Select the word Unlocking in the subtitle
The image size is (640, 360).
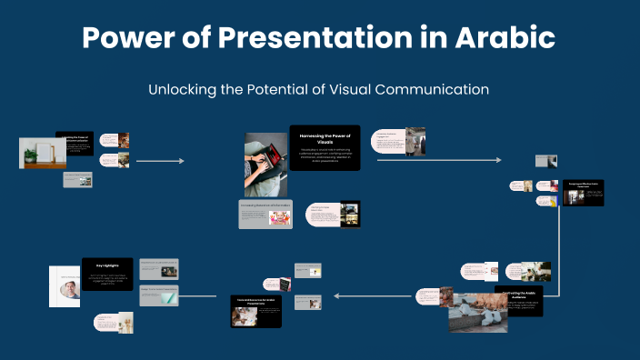pyautogui.click(x=185, y=90)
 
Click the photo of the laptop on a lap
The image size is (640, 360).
pyautogui.click(x=265, y=165)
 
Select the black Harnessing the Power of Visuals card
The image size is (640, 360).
pyautogui.click(x=325, y=147)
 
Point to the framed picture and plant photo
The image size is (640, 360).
pyautogui.click(x=42, y=153)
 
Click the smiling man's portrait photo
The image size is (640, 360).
pyautogui.click(x=65, y=286)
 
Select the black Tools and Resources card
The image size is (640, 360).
pyautogui.click(x=255, y=310)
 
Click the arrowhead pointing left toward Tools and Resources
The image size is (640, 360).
pyautogui.click(x=335, y=295)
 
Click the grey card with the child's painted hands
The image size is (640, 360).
pyautogui.click(x=265, y=214)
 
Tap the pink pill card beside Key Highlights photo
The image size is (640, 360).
pyautogui.click(x=114, y=322)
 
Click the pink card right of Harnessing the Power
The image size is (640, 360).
pyautogui.click(x=398, y=141)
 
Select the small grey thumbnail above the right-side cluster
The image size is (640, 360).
pyautogui.click(x=545, y=161)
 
